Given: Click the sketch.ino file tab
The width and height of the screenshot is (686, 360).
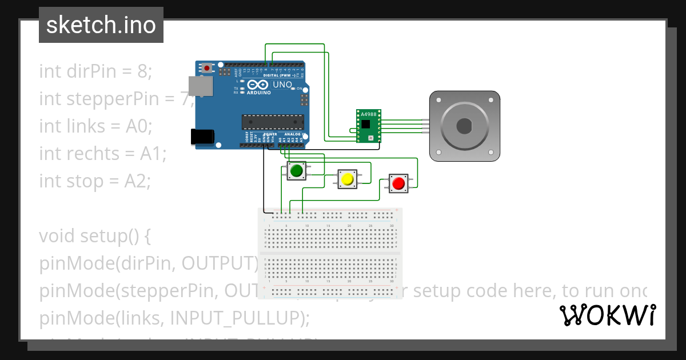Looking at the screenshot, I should coord(101,25).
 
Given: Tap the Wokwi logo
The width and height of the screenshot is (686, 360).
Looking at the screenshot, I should coord(607,315).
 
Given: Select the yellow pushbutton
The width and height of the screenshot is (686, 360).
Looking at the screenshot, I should coord(347,179).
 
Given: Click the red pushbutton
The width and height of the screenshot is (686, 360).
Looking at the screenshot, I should coord(398,183).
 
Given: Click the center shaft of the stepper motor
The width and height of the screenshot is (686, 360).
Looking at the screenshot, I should coord(465,125).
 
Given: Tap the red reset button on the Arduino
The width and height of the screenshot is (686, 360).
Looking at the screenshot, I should coord(207,68).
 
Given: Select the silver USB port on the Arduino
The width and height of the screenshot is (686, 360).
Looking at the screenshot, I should coord(200,86).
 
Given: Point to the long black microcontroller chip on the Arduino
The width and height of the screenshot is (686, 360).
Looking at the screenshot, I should coord(272,122).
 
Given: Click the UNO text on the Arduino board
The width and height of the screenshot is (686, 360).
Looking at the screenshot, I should coord(282,85).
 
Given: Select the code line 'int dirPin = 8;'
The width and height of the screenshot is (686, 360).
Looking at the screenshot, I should coord(95,71).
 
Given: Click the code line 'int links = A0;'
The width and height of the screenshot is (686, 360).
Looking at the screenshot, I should coord(95,126).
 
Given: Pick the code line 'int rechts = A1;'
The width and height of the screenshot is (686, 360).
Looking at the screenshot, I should coord(102,153).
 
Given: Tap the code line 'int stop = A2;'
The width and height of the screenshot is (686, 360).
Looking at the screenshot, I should coord(95,181).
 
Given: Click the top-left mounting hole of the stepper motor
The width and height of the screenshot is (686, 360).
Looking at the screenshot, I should coord(439,99).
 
